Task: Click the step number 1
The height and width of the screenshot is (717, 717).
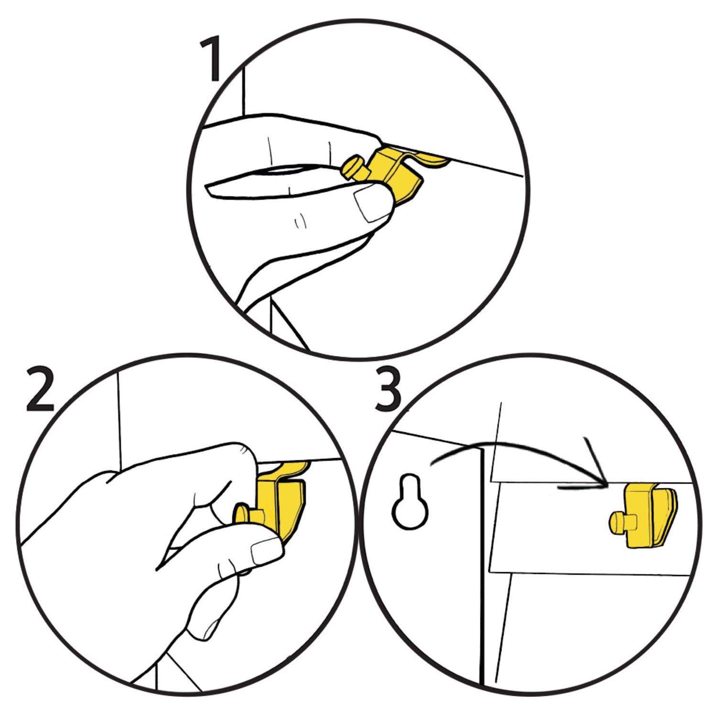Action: [210, 60]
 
